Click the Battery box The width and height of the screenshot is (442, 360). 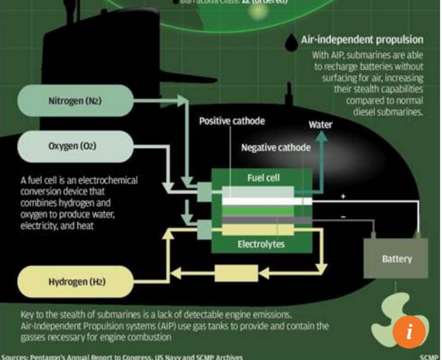pyautogui.click(x=396, y=259)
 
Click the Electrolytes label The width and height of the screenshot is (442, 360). pyautogui.click(x=262, y=245)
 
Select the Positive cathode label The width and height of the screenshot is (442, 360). pyautogui.click(x=232, y=121)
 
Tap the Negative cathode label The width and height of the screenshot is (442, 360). pyautogui.click(x=276, y=148)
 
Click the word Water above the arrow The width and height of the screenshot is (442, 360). pyautogui.click(x=320, y=124)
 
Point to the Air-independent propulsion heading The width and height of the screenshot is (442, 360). pyautogui.click(x=362, y=40)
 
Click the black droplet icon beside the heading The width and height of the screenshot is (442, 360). pyautogui.click(x=293, y=40)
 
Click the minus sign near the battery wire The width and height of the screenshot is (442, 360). pyautogui.click(x=344, y=216)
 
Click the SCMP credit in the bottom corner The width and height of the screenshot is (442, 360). pyautogui.click(x=428, y=356)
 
